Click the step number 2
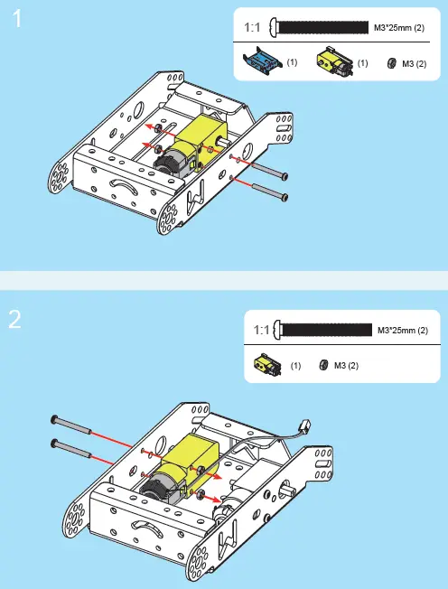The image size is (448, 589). coord(16,321)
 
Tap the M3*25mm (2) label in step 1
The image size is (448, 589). coord(399,28)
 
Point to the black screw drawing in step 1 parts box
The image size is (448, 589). coord(320,27)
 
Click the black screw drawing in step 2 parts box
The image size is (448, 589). coord(324,330)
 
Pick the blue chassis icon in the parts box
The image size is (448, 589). coord(263,62)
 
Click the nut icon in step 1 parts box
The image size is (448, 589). coord(391,63)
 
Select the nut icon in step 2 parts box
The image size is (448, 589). coord(322,365)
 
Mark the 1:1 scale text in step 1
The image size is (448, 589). coord(254,28)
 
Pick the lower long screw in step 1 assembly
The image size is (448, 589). coord(270,192)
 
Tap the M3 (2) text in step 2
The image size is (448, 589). coord(347,366)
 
